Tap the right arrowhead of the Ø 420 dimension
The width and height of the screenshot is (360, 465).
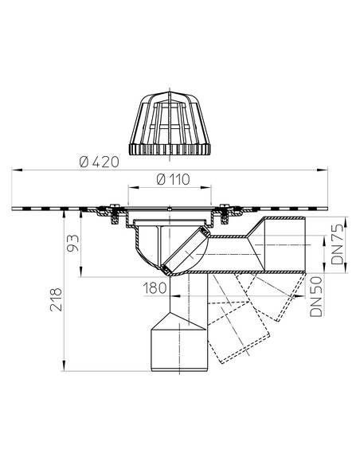pyautogui.click(x=327, y=169)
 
